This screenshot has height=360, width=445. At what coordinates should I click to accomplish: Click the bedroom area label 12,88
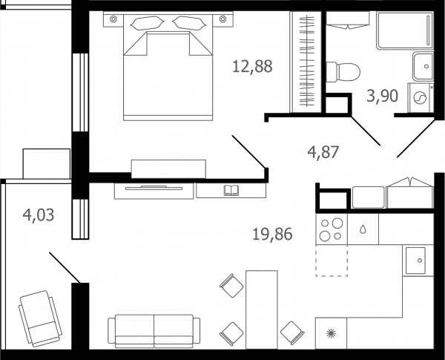252,67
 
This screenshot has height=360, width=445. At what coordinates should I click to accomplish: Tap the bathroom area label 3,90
382,96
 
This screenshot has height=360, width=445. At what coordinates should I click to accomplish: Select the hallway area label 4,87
323,151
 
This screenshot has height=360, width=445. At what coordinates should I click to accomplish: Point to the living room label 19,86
272,235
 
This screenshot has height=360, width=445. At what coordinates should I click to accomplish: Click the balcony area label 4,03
39,215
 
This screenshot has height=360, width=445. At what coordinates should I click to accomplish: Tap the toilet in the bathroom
343,73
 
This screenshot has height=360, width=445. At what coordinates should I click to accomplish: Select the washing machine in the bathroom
421,98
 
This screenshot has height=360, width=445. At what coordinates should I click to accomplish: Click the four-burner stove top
332,229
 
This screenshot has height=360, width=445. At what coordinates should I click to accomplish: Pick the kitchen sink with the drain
415,261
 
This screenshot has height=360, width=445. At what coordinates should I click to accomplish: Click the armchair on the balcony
40,318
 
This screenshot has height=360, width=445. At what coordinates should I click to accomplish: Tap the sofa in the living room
154,331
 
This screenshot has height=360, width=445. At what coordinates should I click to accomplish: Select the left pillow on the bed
147,23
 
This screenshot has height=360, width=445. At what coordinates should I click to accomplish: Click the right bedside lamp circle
222,19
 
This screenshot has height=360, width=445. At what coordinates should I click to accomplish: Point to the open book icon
231,190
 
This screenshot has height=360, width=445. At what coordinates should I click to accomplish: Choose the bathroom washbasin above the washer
423,67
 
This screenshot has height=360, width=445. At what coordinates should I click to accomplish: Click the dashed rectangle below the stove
332,261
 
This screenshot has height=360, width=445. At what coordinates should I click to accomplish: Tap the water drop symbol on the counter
363,229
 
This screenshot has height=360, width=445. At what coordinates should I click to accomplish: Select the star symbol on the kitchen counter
331,333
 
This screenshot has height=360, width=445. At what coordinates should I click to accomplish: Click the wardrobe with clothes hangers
306,62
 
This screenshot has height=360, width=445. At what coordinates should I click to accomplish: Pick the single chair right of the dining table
292,333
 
